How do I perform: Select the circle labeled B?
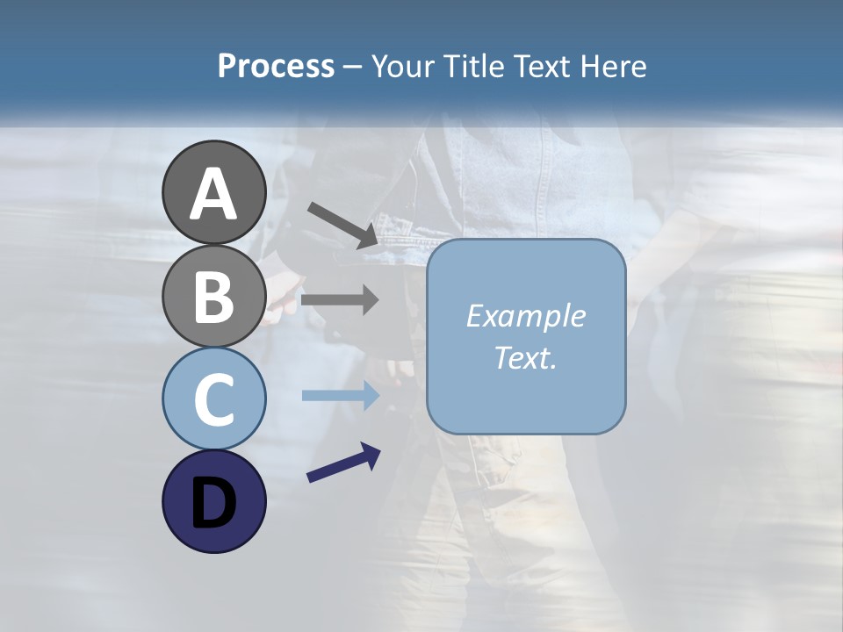tap(213, 295)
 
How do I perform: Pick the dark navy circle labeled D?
tap(213, 501)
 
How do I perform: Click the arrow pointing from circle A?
tap(342, 225)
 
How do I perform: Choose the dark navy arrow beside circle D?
tap(343, 463)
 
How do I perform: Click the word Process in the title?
tap(276, 66)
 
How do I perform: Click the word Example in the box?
tap(525, 316)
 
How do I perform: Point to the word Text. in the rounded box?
tap(525, 357)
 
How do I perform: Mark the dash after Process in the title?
tap(352, 67)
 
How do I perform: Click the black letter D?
tap(213, 504)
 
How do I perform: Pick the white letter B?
tap(213, 297)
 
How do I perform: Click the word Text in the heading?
tap(541, 66)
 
